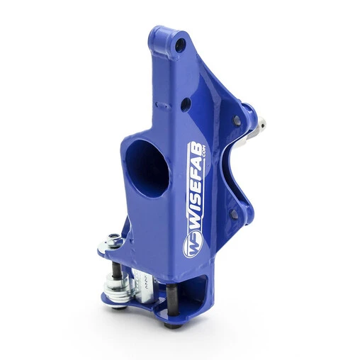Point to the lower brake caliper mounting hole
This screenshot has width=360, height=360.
point(233,213)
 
